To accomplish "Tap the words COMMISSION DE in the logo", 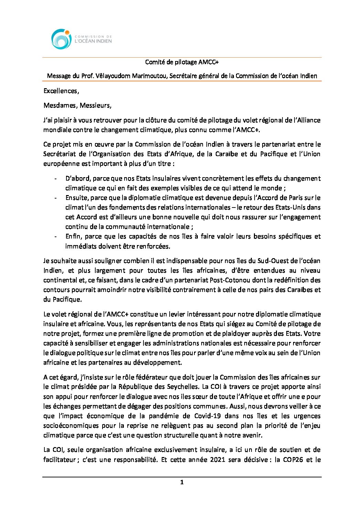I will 93,36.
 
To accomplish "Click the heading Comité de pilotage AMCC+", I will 182,62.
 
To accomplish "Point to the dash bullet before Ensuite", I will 55,198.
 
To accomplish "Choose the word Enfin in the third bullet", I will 73,236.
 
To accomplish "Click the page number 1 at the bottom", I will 182,482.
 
